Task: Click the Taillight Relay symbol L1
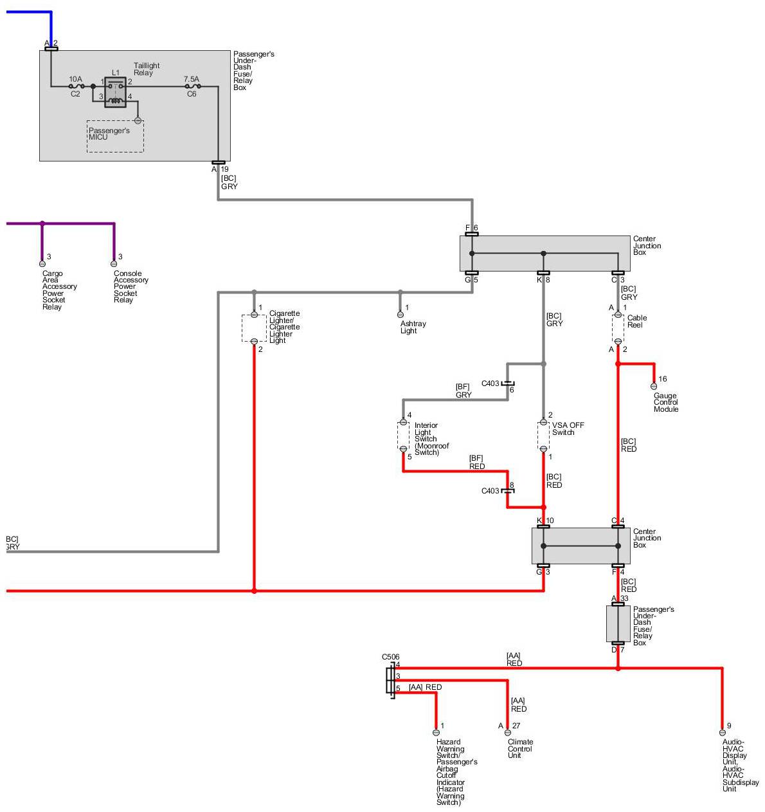click(x=115, y=92)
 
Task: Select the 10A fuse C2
click(x=76, y=86)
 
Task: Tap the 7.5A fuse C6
click(x=192, y=86)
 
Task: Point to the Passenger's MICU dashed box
click(x=115, y=136)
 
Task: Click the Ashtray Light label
click(x=413, y=328)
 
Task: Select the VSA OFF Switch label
click(x=568, y=429)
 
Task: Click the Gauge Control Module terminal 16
click(x=654, y=386)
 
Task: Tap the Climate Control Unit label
click(x=520, y=748)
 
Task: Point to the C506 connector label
click(x=390, y=657)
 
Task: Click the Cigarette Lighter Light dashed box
click(x=254, y=328)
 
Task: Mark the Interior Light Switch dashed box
click(x=403, y=436)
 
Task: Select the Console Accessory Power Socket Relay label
click(x=130, y=286)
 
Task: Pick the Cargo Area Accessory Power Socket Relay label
click(x=59, y=290)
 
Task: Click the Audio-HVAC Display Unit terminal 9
click(x=722, y=732)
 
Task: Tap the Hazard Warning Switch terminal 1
click(x=436, y=732)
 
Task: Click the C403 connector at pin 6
click(x=508, y=383)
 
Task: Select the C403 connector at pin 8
click(x=508, y=490)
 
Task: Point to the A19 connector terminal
click(x=218, y=163)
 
